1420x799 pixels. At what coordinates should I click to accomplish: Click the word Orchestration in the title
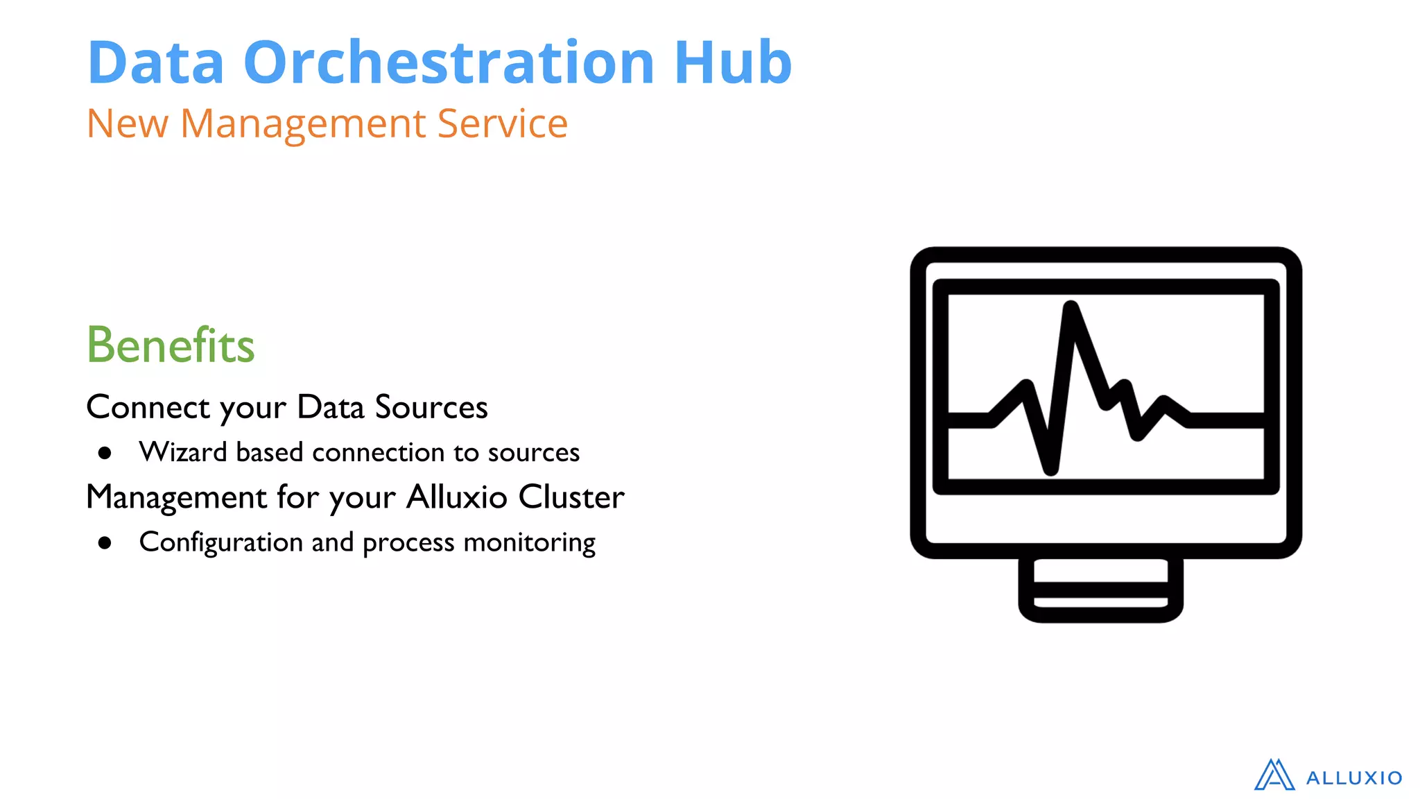tap(448, 62)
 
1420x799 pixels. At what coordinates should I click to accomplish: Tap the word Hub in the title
tap(732, 62)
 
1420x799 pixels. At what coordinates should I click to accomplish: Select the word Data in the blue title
tap(155, 62)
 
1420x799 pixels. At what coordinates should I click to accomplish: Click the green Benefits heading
tap(171, 345)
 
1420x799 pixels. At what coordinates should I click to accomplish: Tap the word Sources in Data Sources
tap(431, 407)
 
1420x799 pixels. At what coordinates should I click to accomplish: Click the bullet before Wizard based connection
tap(105, 454)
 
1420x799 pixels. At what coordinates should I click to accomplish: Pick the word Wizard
tap(183, 452)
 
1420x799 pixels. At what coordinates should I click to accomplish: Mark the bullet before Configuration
tap(105, 543)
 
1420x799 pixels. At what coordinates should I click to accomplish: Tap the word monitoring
tap(529, 543)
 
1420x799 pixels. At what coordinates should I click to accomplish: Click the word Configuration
tap(220, 543)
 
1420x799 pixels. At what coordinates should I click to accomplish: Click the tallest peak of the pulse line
tap(1071, 308)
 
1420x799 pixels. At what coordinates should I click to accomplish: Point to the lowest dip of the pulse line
tap(1050, 469)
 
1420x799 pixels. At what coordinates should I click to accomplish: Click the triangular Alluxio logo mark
tap(1274, 775)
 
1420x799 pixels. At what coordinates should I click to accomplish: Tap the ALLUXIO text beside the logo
tap(1353, 778)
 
